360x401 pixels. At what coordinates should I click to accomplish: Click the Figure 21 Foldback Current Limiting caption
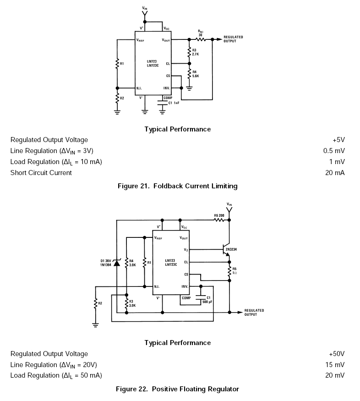pyautogui.click(x=177, y=186)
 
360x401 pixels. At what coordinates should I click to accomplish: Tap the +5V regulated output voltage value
pyautogui.click(x=338, y=140)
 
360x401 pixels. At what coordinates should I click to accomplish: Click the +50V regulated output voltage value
pyautogui.click(x=337, y=354)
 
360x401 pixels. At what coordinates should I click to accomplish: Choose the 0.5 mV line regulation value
pyautogui.click(x=334, y=151)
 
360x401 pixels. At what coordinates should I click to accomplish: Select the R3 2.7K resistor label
pyautogui.click(x=195, y=52)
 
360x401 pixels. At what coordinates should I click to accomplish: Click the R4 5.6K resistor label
pyautogui.click(x=195, y=74)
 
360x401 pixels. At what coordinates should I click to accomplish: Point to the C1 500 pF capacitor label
pyautogui.click(x=207, y=300)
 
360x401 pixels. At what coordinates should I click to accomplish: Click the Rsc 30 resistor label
pyautogui.click(x=201, y=33)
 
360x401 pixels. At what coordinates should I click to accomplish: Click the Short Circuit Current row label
pyautogui.click(x=41, y=173)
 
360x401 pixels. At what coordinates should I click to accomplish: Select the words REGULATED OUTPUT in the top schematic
pyautogui.click(x=233, y=39)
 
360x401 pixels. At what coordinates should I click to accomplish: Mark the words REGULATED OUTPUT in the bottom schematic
pyautogui.click(x=254, y=312)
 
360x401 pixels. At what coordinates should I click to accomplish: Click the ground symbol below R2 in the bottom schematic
pyautogui.click(x=95, y=324)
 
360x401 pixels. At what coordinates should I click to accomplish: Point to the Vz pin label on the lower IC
pyautogui.click(x=185, y=250)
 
